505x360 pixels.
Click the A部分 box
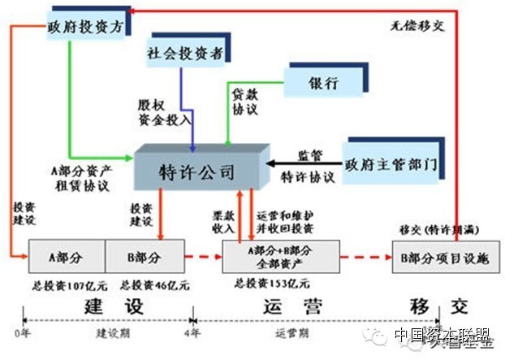point(67,255)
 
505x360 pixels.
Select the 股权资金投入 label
point(163,112)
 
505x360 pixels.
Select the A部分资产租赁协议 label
point(80,179)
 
